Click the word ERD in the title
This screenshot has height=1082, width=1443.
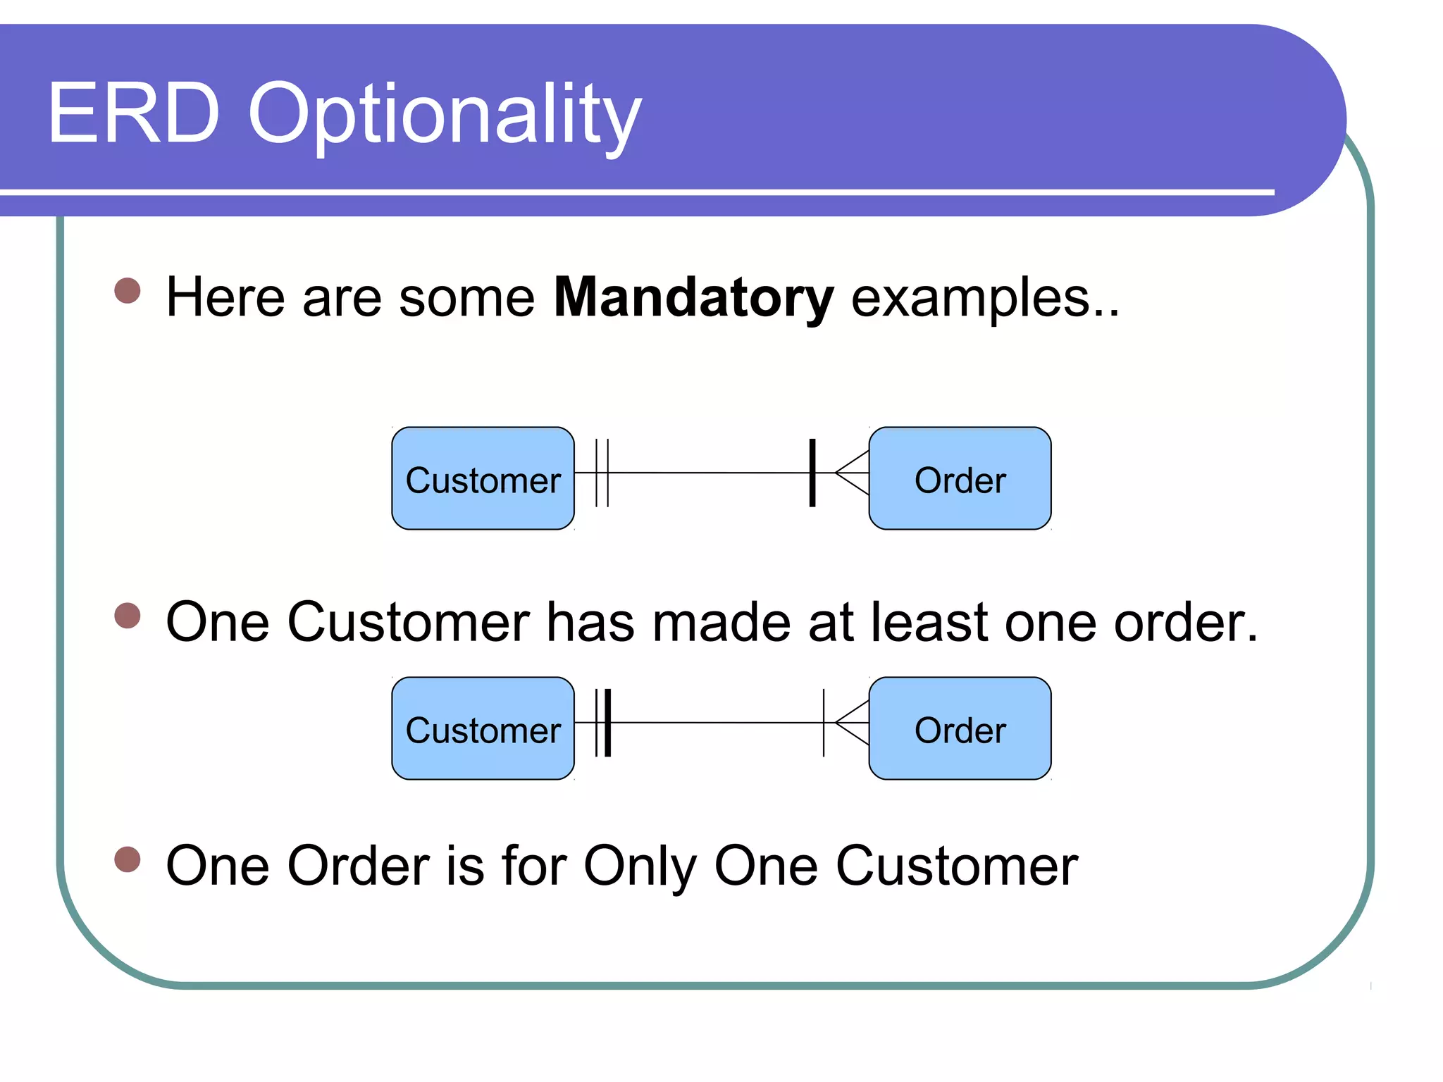pos(134,113)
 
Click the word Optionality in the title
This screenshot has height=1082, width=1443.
pos(445,116)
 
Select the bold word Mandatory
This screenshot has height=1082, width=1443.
pos(693,298)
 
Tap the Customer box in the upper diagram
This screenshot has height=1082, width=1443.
pos(483,479)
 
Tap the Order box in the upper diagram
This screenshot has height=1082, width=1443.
pos(960,479)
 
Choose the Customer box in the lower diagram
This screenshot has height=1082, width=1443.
pos(483,728)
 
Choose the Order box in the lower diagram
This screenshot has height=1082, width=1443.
pos(960,728)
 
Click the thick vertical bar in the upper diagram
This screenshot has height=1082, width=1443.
pos(812,473)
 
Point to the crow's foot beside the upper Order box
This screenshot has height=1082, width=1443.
pos(852,473)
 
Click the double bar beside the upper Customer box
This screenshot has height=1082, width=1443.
pos(602,473)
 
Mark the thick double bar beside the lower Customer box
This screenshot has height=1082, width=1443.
pos(603,723)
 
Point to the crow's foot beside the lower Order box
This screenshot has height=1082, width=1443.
pos(852,723)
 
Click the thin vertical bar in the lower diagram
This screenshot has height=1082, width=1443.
pos(824,723)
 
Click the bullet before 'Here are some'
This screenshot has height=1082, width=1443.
pos(128,290)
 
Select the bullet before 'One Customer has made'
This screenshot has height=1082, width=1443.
pos(128,615)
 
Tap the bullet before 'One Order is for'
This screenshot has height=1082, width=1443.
pos(128,859)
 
